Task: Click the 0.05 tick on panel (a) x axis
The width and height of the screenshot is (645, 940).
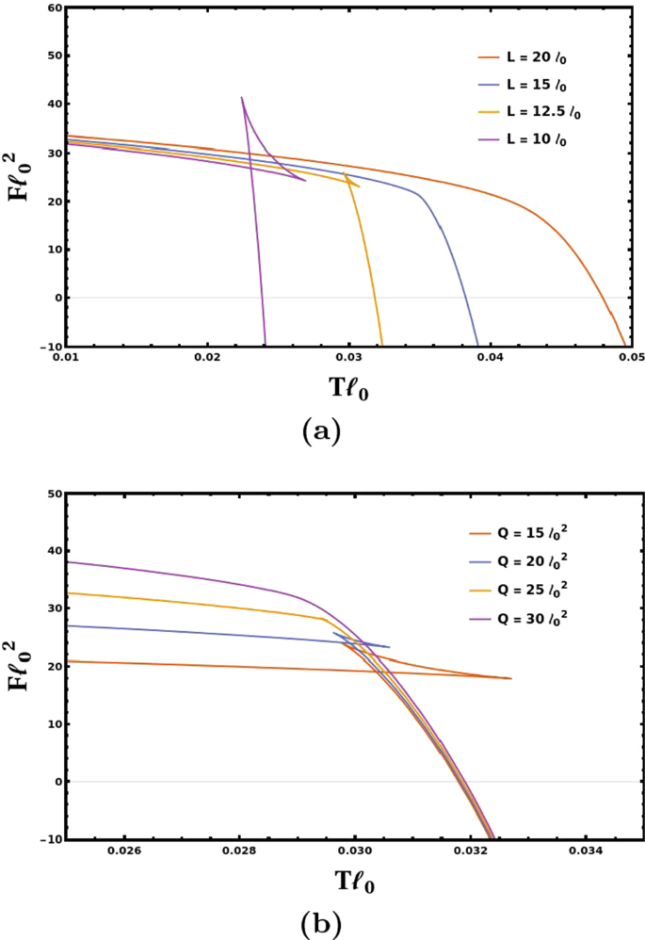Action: pyautogui.click(x=631, y=358)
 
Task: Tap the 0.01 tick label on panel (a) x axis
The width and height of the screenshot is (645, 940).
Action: pyautogui.click(x=65, y=358)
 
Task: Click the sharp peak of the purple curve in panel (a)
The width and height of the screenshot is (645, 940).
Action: pyautogui.click(x=242, y=97)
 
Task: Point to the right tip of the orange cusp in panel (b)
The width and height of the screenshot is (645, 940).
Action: pyautogui.click(x=511, y=678)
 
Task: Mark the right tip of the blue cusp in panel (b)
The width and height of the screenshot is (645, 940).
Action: pyautogui.click(x=390, y=647)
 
